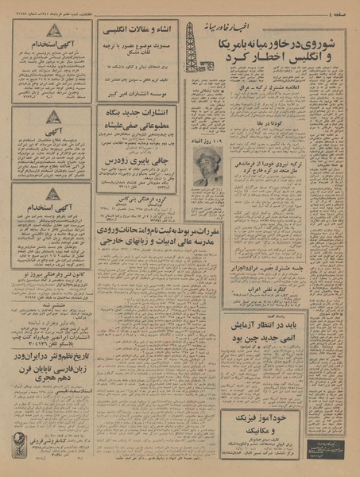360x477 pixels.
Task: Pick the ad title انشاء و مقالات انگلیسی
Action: [x=140, y=33]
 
